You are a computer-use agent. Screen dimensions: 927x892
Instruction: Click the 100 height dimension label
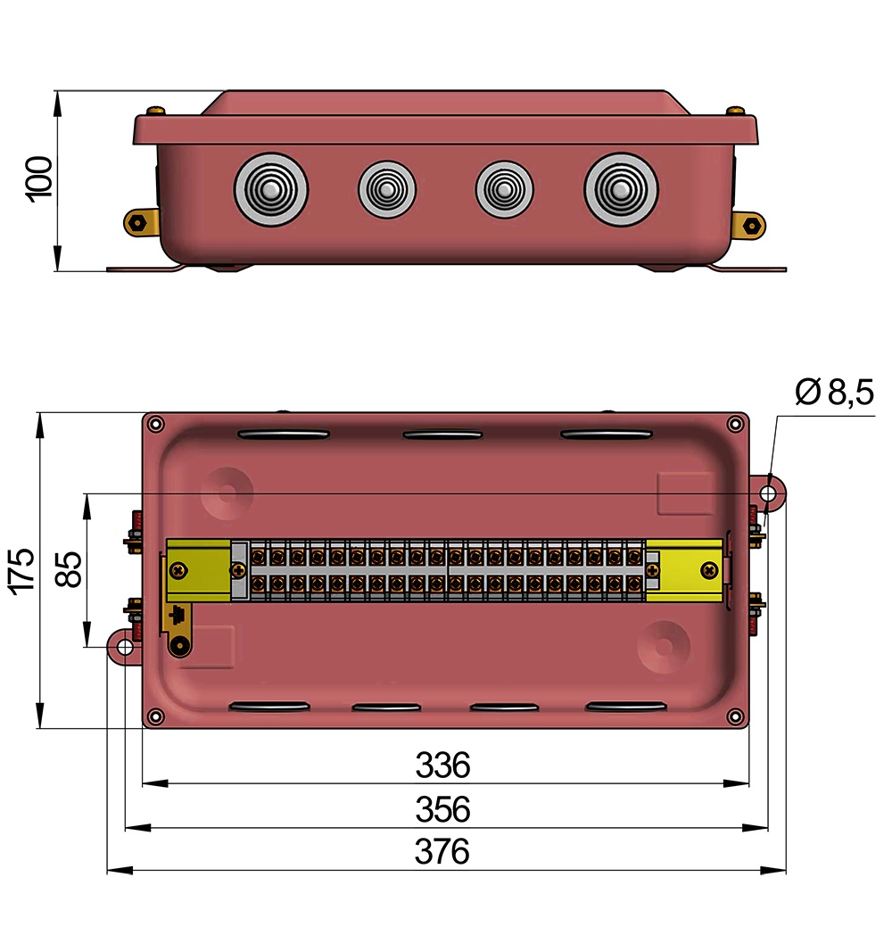click(41, 178)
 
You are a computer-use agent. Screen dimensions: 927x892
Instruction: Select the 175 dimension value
click(21, 570)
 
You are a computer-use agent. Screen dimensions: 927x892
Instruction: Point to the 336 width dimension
click(442, 766)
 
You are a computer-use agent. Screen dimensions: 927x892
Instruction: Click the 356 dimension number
click(442, 810)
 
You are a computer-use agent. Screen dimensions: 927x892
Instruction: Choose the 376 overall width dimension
click(442, 853)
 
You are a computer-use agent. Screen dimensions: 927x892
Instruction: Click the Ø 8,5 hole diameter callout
click(834, 393)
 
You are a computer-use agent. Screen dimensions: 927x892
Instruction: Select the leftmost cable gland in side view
click(271, 190)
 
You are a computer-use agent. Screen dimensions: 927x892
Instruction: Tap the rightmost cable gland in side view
click(621, 190)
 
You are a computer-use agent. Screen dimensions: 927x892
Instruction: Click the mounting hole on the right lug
click(770, 493)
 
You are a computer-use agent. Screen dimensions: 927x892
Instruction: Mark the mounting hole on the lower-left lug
click(125, 646)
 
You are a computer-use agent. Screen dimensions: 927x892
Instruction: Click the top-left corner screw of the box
click(156, 424)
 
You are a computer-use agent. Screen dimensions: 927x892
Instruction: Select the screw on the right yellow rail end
click(709, 569)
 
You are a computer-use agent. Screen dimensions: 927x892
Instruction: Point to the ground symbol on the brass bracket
click(178, 615)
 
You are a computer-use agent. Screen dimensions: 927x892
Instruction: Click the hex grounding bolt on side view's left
click(137, 221)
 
